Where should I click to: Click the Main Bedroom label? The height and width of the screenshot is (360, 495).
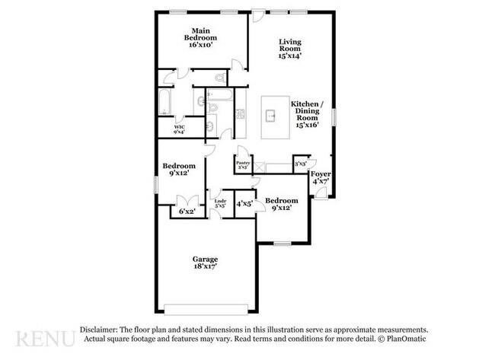pyautogui.click(x=201, y=37)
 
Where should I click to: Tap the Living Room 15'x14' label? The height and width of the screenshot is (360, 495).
pyautogui.click(x=290, y=48)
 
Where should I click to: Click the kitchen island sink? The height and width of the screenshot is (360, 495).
pyautogui.click(x=271, y=116)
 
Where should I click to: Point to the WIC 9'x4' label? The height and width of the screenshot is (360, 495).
pyautogui.click(x=180, y=129)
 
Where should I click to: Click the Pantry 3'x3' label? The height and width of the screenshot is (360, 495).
pyautogui.click(x=243, y=164)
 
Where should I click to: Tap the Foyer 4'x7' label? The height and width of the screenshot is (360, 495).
pyautogui.click(x=321, y=177)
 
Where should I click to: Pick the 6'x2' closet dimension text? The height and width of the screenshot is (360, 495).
pyautogui.click(x=186, y=212)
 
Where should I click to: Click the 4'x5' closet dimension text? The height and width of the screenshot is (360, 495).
pyautogui.click(x=244, y=204)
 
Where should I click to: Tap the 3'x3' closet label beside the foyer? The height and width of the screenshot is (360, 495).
pyautogui.click(x=300, y=164)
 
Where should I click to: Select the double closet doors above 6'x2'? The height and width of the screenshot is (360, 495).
pyautogui.click(x=185, y=201)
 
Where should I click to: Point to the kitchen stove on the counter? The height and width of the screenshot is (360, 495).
pyautogui.click(x=240, y=113)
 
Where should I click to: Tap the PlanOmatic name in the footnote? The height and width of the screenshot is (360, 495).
pyautogui.click(x=404, y=339)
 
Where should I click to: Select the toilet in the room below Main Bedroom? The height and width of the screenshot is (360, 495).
pyautogui.click(x=219, y=78)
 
